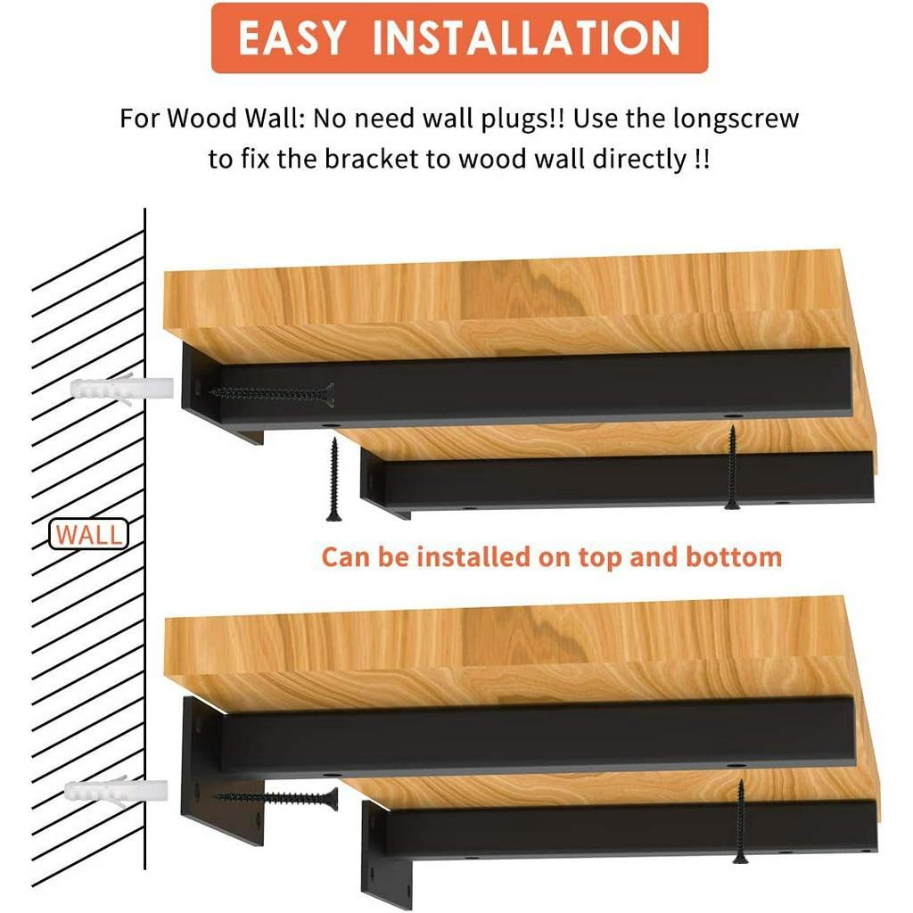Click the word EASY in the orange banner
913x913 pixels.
(292, 37)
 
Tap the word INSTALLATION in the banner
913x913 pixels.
(526, 37)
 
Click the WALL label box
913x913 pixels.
(88, 534)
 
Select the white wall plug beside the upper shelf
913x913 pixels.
(121, 388)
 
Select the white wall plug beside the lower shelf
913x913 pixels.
(116, 791)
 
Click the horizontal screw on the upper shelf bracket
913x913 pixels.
(272, 394)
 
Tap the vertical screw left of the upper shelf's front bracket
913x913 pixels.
(333, 479)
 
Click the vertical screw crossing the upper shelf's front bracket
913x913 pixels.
(732, 467)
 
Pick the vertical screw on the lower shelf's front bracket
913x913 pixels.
(741, 821)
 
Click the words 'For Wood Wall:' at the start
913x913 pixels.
(213, 119)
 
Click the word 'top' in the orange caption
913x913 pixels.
(601, 558)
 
